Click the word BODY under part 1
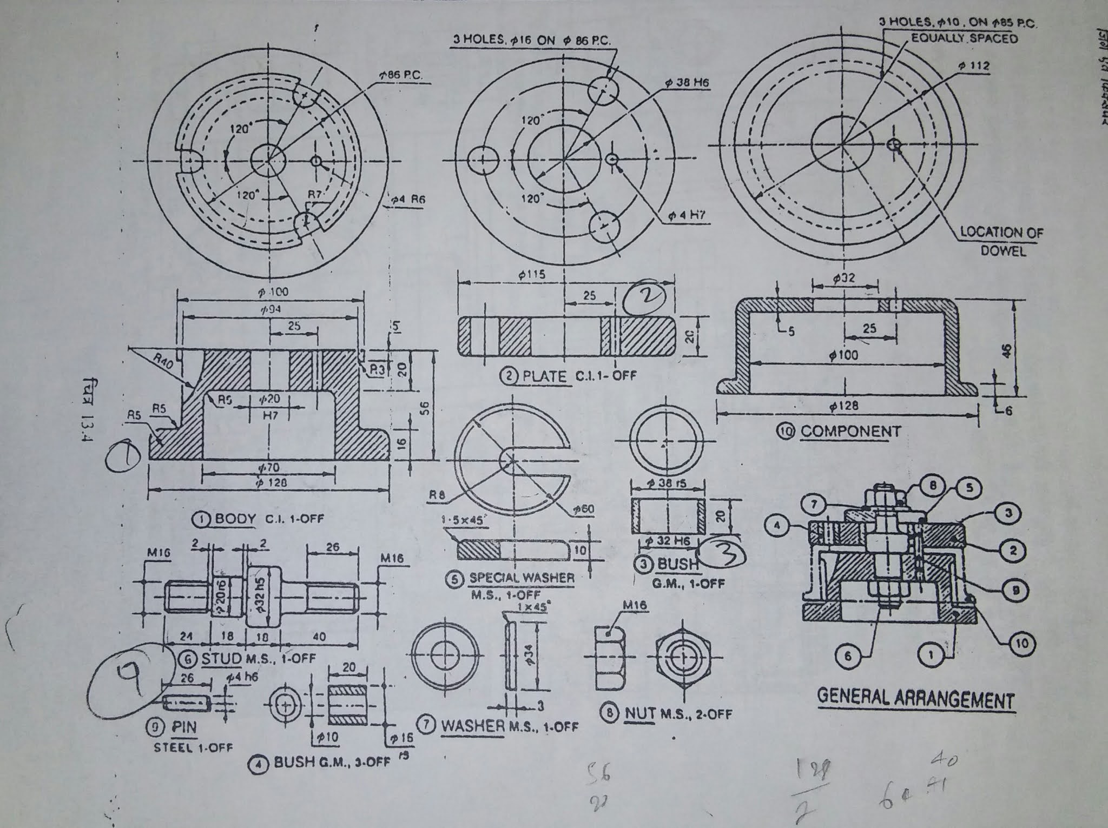[x=235, y=518]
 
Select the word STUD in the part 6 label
[x=222, y=658]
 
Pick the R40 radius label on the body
[x=162, y=361]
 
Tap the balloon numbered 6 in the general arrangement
[x=848, y=656]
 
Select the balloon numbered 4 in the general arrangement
[x=778, y=525]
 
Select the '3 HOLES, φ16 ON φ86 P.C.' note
[x=533, y=41]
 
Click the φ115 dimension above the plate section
[x=531, y=274]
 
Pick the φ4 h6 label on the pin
[x=242, y=677]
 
